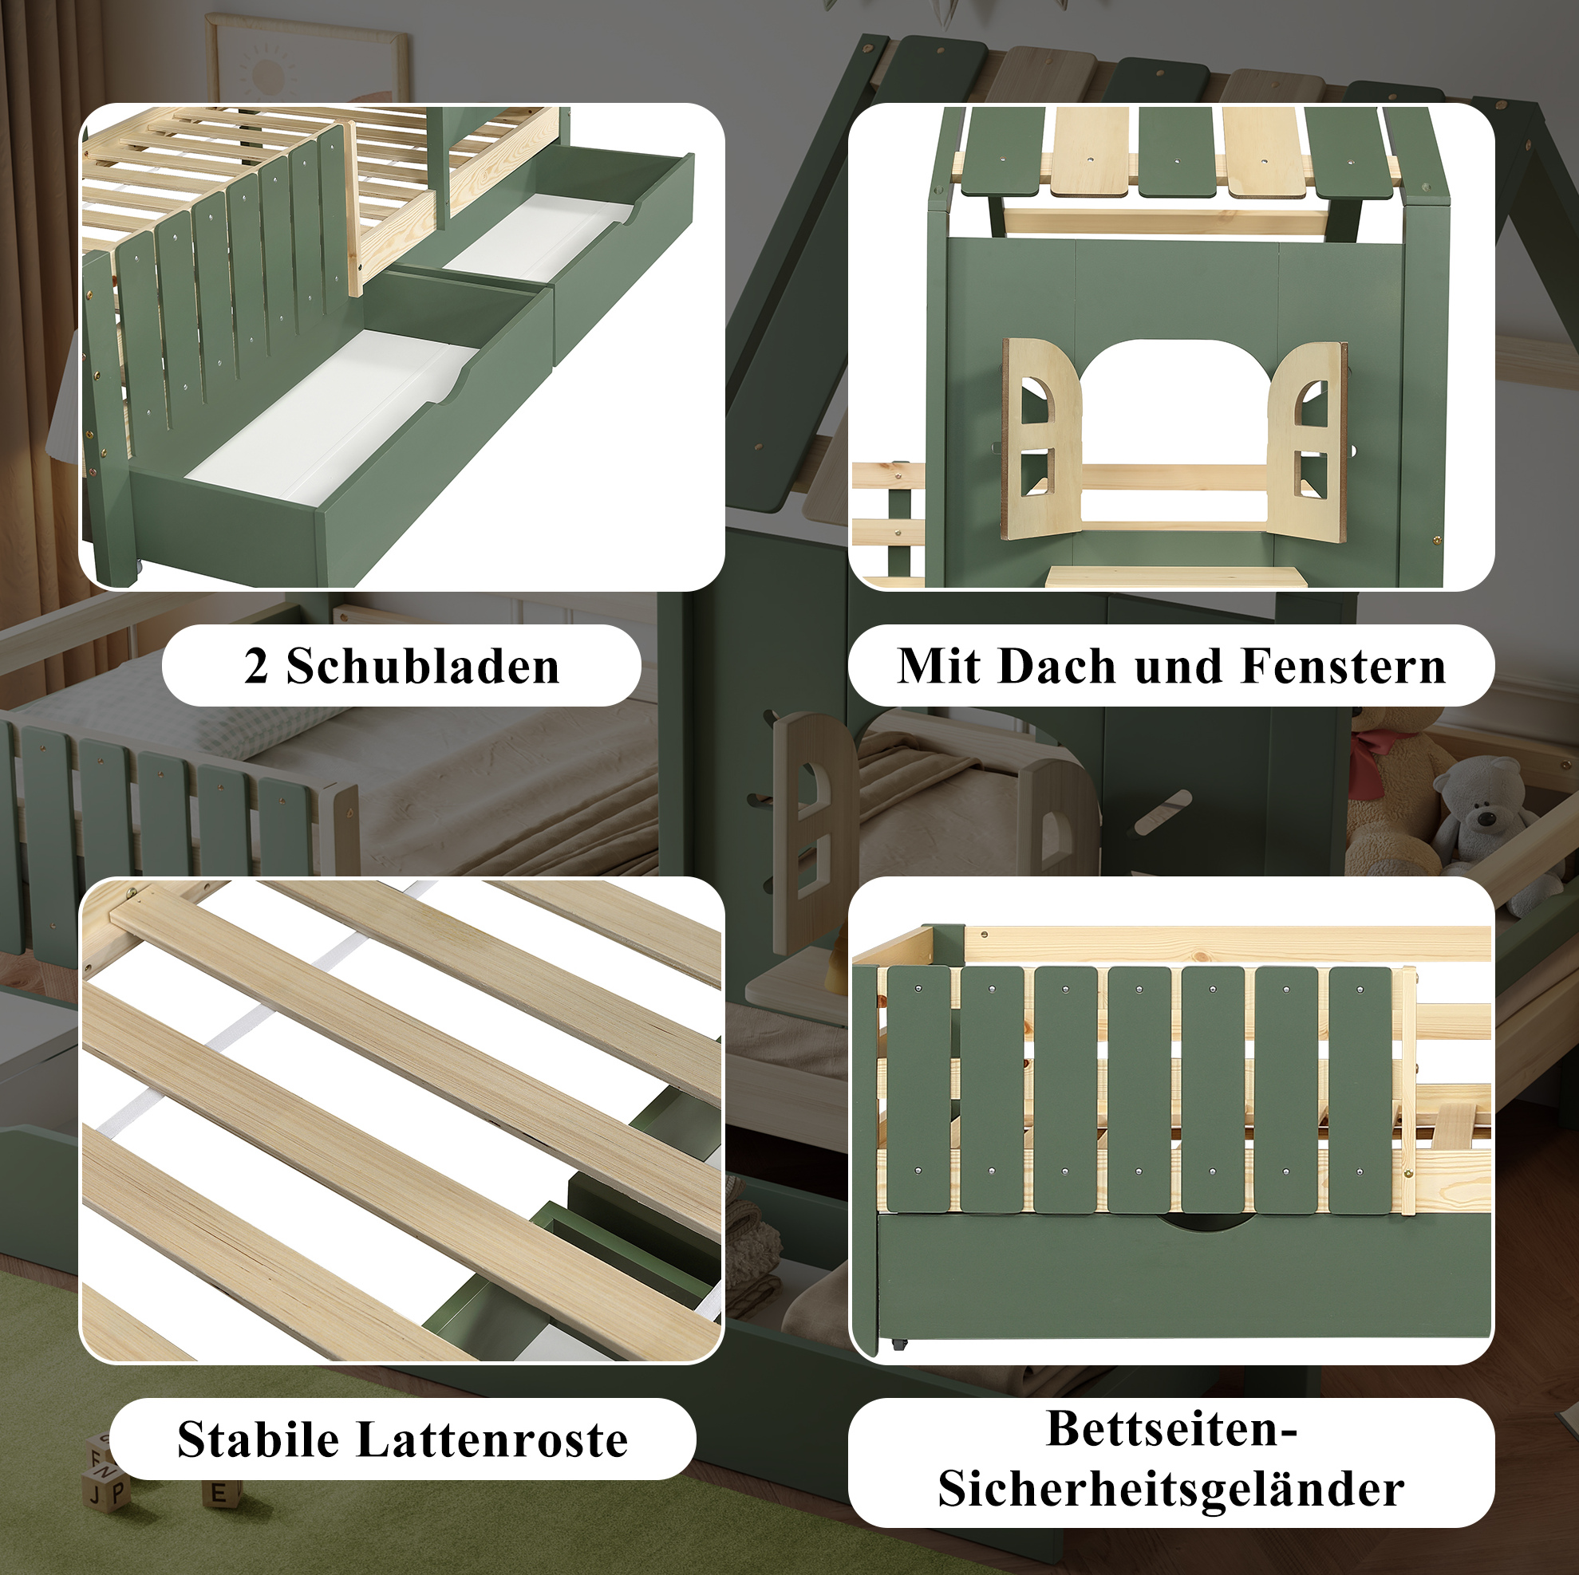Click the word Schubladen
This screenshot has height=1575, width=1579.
pyautogui.click(x=423, y=666)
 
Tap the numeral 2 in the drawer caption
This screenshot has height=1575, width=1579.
pyautogui.click(x=256, y=666)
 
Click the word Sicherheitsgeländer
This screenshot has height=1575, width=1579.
pyautogui.click(x=1171, y=1489)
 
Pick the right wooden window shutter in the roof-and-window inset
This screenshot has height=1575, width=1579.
pyautogui.click(x=1305, y=441)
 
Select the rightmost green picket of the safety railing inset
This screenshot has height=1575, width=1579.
pyautogui.click(x=1360, y=1090)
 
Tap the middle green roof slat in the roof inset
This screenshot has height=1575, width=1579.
pyautogui.click(x=1177, y=153)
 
